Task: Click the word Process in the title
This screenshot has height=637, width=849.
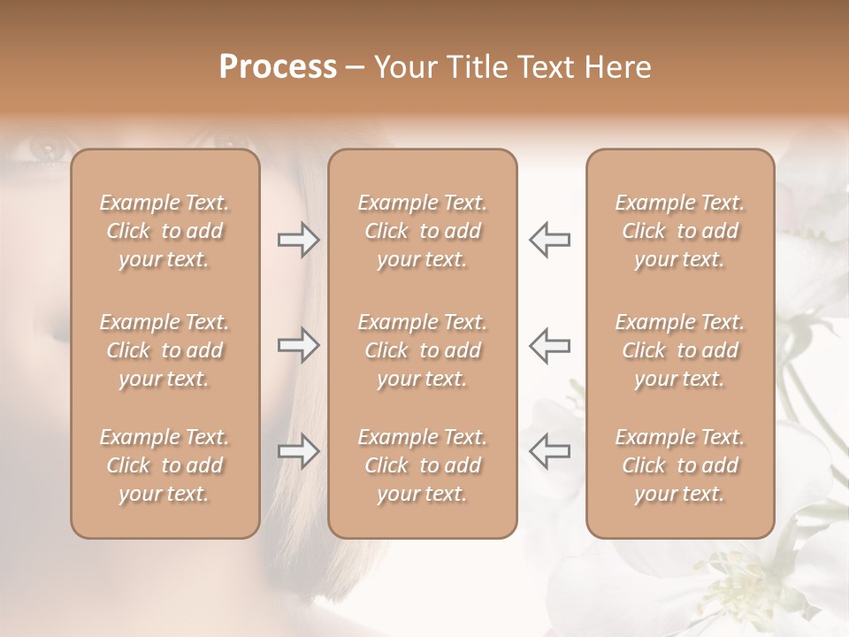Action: click(278, 67)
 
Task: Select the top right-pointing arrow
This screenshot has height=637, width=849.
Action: click(298, 240)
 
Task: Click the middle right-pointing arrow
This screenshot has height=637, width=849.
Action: click(298, 345)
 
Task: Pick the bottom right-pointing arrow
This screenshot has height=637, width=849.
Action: click(298, 451)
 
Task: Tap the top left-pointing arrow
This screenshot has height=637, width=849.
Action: click(549, 240)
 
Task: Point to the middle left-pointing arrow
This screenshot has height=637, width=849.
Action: click(549, 345)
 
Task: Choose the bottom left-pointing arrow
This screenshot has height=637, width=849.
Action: click(549, 451)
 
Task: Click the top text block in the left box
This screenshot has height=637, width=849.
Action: click(164, 231)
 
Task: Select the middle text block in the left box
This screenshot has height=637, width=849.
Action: click(164, 350)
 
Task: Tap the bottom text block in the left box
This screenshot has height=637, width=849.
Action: click(164, 465)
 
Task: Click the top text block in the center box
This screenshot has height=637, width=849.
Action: click(423, 231)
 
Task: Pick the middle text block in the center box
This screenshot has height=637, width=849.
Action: click(423, 350)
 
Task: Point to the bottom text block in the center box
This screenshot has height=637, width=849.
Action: click(423, 465)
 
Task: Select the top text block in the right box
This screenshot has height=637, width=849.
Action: click(680, 231)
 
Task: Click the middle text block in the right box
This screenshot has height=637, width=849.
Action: click(680, 350)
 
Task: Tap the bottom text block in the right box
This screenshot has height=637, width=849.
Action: click(680, 465)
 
